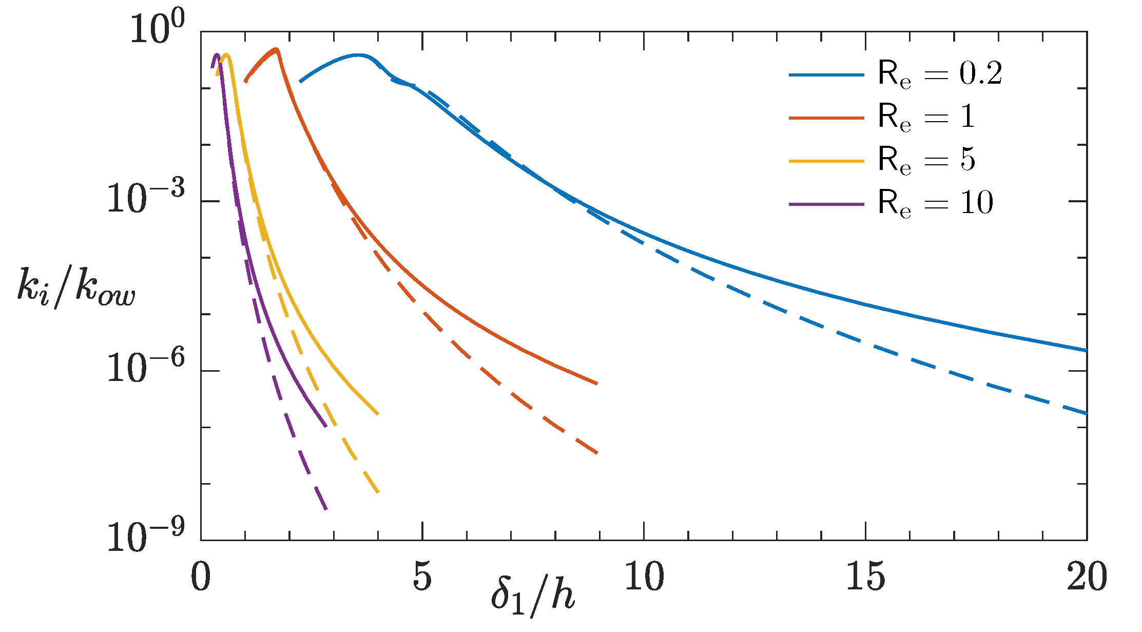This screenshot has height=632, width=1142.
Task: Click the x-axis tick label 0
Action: [x=201, y=577]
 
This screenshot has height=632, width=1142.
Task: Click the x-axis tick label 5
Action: [x=422, y=577]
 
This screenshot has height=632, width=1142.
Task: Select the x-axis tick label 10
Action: [x=644, y=577]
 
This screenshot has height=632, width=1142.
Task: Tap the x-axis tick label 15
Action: [x=865, y=577]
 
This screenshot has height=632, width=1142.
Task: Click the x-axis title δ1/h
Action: [x=532, y=598]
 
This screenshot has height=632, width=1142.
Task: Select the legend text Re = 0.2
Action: [x=939, y=74]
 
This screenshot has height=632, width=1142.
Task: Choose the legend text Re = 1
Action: [x=926, y=118]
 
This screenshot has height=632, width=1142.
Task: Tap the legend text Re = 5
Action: [x=926, y=161]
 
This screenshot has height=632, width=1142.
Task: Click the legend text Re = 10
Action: [x=935, y=204]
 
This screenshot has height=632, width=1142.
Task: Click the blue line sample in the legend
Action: [x=826, y=75]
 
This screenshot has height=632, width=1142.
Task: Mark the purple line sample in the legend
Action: [x=826, y=204]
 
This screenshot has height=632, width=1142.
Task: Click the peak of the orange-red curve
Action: [x=276, y=50]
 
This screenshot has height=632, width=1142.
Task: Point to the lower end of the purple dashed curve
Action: [x=326, y=509]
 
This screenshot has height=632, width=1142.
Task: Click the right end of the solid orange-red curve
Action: [x=597, y=384]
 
